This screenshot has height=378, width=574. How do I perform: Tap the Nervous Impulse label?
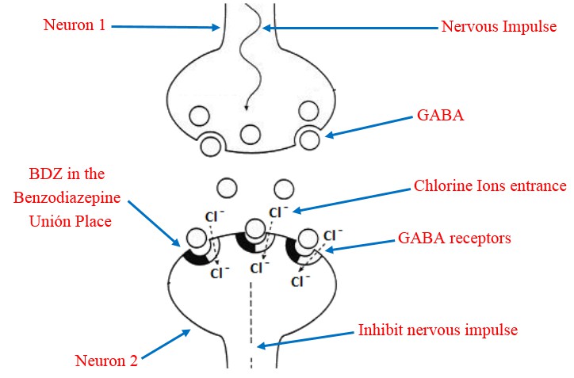tap(500, 27)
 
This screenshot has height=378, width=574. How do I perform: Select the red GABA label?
tap(440, 116)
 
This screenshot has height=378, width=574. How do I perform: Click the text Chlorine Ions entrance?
tap(490, 187)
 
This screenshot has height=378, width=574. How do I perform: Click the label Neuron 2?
tap(106, 361)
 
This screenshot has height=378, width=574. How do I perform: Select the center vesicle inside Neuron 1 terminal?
tap(251, 134)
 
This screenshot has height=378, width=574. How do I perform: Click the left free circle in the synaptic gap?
tap(227, 188)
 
